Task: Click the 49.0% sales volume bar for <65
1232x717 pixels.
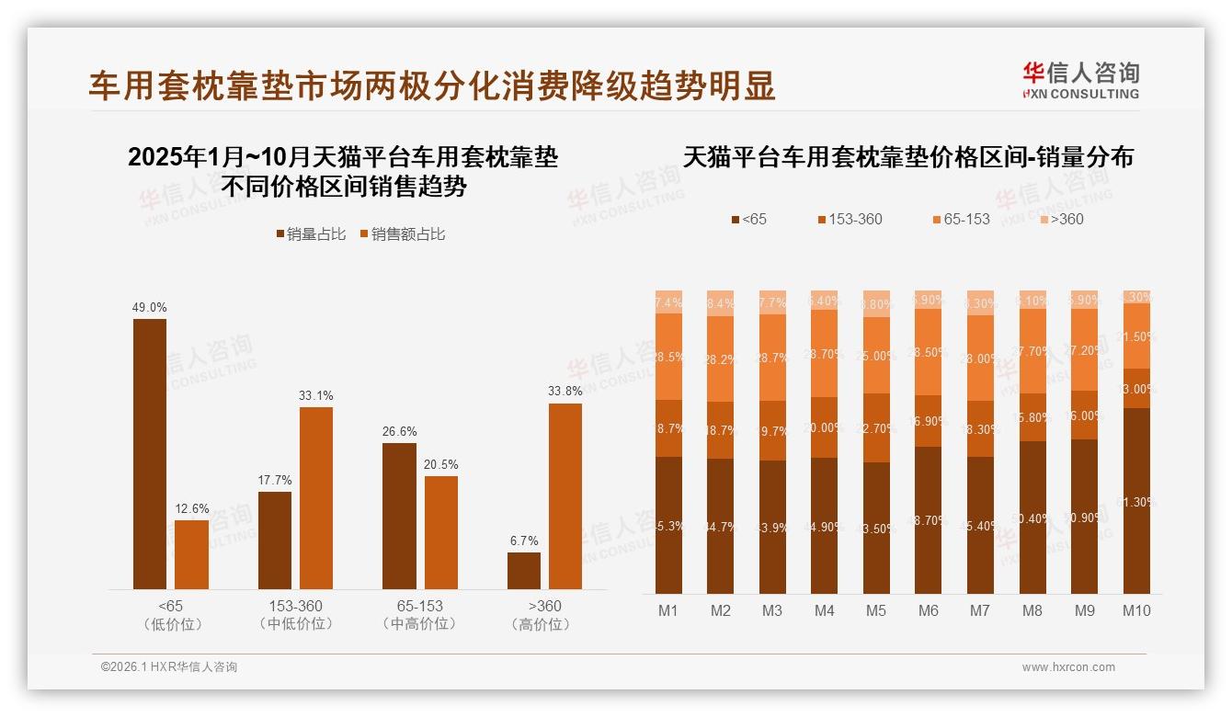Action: coord(150,454)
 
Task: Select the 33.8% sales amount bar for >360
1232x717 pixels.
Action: coord(565,496)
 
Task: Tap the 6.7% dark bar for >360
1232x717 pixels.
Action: coord(524,571)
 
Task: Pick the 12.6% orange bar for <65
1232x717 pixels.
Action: coord(191,555)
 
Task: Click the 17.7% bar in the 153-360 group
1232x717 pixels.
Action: coord(275,541)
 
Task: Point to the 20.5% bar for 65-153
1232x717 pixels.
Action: coord(441,533)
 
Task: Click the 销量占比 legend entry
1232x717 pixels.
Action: coord(311,234)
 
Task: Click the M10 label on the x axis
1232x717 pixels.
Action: coord(1136,610)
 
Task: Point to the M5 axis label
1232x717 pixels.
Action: coord(876,610)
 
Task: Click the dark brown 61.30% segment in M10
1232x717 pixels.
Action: coord(1136,501)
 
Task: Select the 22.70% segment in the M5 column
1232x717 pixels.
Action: coord(876,427)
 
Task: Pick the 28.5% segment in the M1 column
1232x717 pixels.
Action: coord(668,357)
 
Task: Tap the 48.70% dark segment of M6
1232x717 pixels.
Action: coord(929,520)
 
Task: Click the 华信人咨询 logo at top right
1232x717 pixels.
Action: coord(1080,80)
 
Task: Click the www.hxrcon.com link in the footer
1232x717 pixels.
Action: coord(1068,667)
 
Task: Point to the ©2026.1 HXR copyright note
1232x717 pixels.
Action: coord(169,667)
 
